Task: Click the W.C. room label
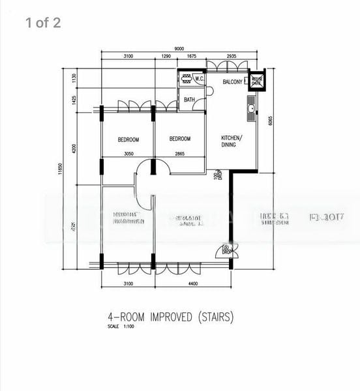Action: click(200, 80)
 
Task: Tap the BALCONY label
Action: click(233, 82)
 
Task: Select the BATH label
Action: click(189, 100)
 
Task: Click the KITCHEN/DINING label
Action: click(232, 141)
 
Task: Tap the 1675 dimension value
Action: click(192, 57)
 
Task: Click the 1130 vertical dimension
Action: click(75, 78)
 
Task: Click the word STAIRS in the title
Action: click(211, 317)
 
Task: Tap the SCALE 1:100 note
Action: click(123, 326)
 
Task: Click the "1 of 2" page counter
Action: click(43, 23)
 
